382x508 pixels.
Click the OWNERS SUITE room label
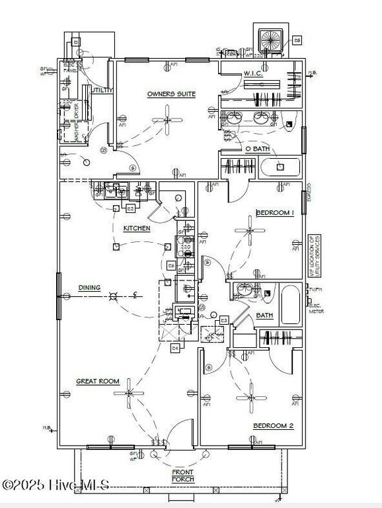pyautogui.click(x=171, y=95)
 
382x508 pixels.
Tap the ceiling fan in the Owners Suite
pyautogui.click(x=167, y=120)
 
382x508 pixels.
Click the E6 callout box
pyautogui.click(x=297, y=41)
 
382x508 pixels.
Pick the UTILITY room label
pyautogui.click(x=102, y=90)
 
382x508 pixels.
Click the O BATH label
pyautogui.click(x=257, y=149)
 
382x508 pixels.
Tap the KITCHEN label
pyautogui.click(x=137, y=228)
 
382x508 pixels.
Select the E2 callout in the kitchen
pyautogui.click(x=131, y=208)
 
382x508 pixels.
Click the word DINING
pyautogui.click(x=89, y=288)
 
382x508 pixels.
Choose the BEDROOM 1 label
pyautogui.click(x=274, y=213)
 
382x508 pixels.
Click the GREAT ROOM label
pyautogui.click(x=97, y=381)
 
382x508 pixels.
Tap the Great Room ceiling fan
pyautogui.click(x=128, y=393)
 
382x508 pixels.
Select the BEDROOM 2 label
pyautogui.click(x=274, y=426)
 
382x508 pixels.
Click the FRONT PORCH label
pyautogui.click(x=182, y=474)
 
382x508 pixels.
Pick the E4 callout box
pyautogui.click(x=175, y=347)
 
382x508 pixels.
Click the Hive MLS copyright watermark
pyautogui.click(x=56, y=485)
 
